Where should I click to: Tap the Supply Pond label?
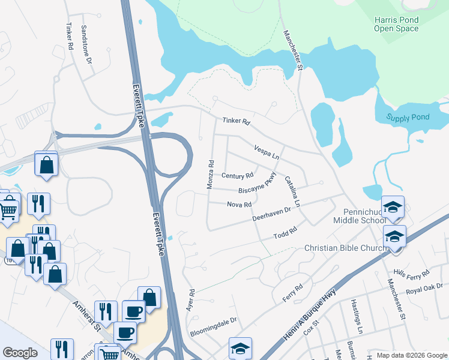[408, 117]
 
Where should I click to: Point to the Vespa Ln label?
[267, 151]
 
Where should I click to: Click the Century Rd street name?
[237, 176]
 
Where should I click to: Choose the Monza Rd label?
[211, 175]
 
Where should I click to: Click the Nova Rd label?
[239, 205]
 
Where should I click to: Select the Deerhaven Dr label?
[271, 214]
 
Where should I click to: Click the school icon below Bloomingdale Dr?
[240, 349]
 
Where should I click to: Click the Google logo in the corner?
[20, 353]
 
